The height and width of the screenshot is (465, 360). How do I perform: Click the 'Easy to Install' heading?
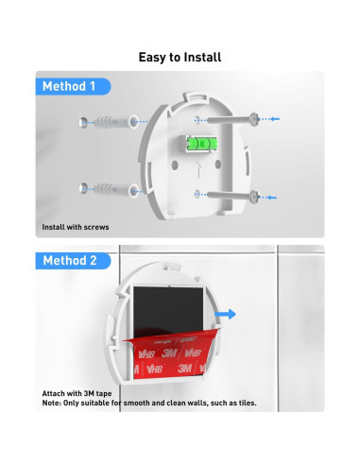[x=180, y=58]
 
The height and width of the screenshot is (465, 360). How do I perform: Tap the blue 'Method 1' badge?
[x=73, y=86]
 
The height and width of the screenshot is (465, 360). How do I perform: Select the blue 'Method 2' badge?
[x=73, y=261]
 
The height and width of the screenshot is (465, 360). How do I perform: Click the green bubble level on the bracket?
[x=201, y=144]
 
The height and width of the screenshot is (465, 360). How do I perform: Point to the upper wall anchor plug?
[x=115, y=122]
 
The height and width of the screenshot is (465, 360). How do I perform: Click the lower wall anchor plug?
[x=115, y=190]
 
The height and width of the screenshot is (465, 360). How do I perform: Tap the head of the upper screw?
[x=254, y=119]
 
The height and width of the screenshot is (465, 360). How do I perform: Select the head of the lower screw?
[x=254, y=197]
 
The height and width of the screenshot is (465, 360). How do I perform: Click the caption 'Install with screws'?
[x=76, y=227]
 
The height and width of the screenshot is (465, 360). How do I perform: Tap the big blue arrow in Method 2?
[x=225, y=314]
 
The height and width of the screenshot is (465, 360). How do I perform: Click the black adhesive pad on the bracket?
[x=168, y=312]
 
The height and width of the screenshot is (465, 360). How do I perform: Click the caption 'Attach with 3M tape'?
[x=77, y=393]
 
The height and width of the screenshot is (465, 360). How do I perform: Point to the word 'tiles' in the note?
[x=248, y=403]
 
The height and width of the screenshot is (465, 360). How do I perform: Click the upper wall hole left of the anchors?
[x=83, y=123]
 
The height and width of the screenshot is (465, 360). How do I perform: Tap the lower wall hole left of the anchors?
[x=83, y=188]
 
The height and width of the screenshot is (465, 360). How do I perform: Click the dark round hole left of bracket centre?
[x=175, y=164]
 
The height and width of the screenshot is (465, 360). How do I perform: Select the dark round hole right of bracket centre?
[x=217, y=164]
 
